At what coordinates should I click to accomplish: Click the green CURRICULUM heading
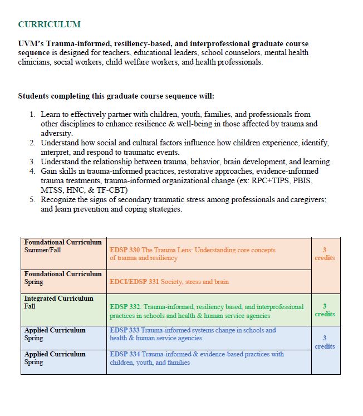49,25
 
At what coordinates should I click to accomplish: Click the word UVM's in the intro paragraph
31,43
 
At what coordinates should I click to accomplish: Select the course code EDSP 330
125,250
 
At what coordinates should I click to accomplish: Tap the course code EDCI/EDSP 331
134,282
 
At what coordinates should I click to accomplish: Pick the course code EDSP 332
126,307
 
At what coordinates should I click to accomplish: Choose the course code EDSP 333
125,330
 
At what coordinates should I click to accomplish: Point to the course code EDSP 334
125,354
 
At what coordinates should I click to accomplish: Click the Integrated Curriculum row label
58,298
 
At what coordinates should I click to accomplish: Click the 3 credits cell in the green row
325,310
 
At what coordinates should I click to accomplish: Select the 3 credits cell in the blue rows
325,342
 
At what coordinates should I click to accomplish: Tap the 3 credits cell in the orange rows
325,254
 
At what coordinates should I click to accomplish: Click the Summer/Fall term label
42,251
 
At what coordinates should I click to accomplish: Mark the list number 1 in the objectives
32,114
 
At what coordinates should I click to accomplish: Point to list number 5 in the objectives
32,199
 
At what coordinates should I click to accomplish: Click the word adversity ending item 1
56,134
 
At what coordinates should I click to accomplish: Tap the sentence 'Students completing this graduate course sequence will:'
116,96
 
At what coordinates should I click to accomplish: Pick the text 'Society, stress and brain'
195,282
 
